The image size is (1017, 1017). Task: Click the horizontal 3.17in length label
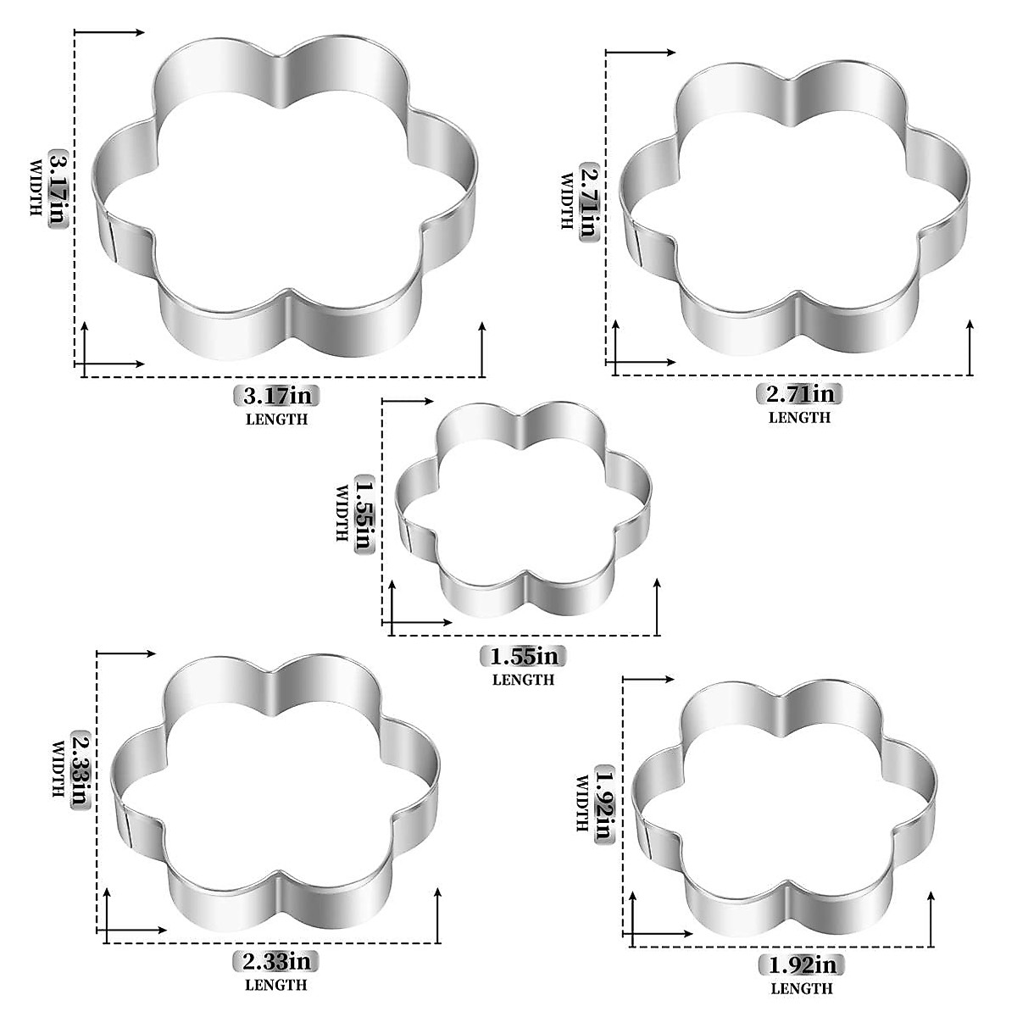pos(276,395)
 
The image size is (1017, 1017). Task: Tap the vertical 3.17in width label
pos(57,190)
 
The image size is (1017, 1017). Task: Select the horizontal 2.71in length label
pos(800,394)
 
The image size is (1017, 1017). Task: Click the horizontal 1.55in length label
pos(524,656)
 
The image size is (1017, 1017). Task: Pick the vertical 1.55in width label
pos(364,512)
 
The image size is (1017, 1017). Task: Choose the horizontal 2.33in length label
pos(276,962)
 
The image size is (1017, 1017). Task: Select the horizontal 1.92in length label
pos(802,965)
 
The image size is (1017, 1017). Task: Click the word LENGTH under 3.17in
pos(276,419)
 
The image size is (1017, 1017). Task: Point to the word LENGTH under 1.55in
pos(524,680)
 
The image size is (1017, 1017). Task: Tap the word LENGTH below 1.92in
pos(802,989)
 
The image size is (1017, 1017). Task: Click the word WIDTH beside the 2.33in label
pos(59,770)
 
